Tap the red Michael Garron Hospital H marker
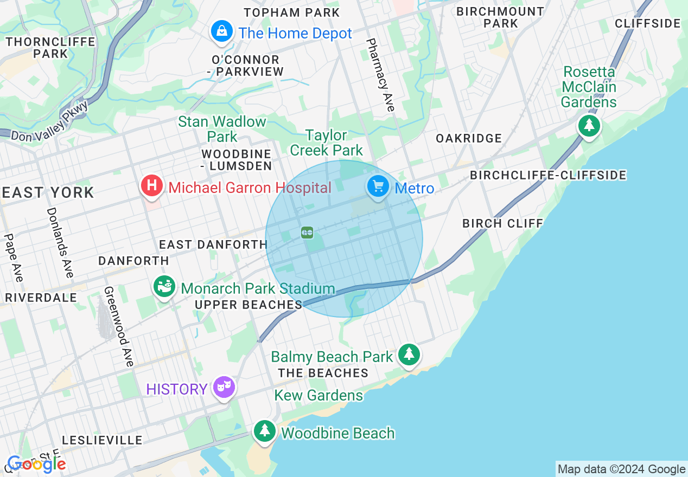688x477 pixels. click(152, 186)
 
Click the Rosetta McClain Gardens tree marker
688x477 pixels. click(589, 126)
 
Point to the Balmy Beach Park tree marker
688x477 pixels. click(409, 354)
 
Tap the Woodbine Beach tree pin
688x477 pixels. click(264, 431)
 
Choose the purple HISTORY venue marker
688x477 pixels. click(224, 387)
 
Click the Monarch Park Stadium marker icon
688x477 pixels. click(164, 286)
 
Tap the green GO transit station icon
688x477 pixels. click(307, 233)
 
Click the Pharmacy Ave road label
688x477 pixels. click(380, 75)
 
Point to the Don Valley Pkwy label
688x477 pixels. click(49, 123)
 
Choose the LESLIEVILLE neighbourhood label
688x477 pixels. click(102, 440)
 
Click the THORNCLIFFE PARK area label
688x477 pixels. click(50, 48)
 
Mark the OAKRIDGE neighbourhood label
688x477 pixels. click(469, 139)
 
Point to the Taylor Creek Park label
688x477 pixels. click(326, 142)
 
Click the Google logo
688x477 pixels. click(36, 464)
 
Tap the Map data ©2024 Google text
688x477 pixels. click(621, 469)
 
